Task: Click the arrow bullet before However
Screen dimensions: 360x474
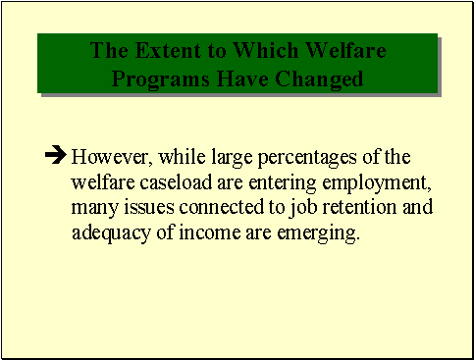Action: point(56,155)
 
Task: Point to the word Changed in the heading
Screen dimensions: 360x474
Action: point(316,77)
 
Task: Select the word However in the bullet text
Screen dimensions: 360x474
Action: point(106,156)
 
